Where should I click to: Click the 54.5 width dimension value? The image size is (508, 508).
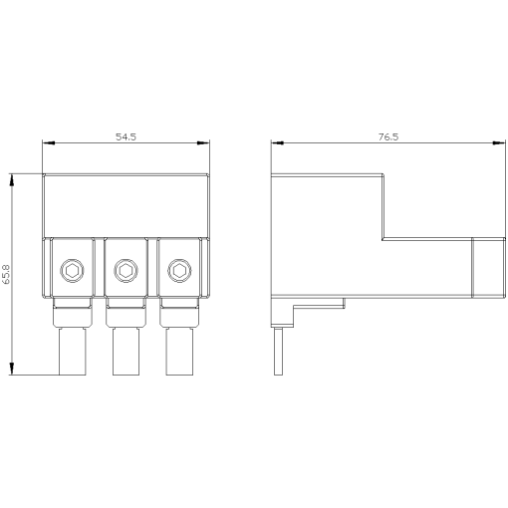tap(126, 136)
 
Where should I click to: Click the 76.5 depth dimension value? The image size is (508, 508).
tap(388, 136)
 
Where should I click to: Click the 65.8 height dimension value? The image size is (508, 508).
tap(7, 274)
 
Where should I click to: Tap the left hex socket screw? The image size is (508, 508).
tap(72, 271)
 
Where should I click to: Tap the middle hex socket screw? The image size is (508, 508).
tap(126, 271)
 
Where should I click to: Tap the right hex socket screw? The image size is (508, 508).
tap(179, 271)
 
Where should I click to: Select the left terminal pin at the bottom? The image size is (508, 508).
tap(73, 352)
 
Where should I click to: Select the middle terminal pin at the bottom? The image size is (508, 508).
tap(126, 352)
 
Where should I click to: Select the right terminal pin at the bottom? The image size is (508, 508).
tap(179, 352)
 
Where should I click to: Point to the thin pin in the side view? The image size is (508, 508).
tap(278, 352)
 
